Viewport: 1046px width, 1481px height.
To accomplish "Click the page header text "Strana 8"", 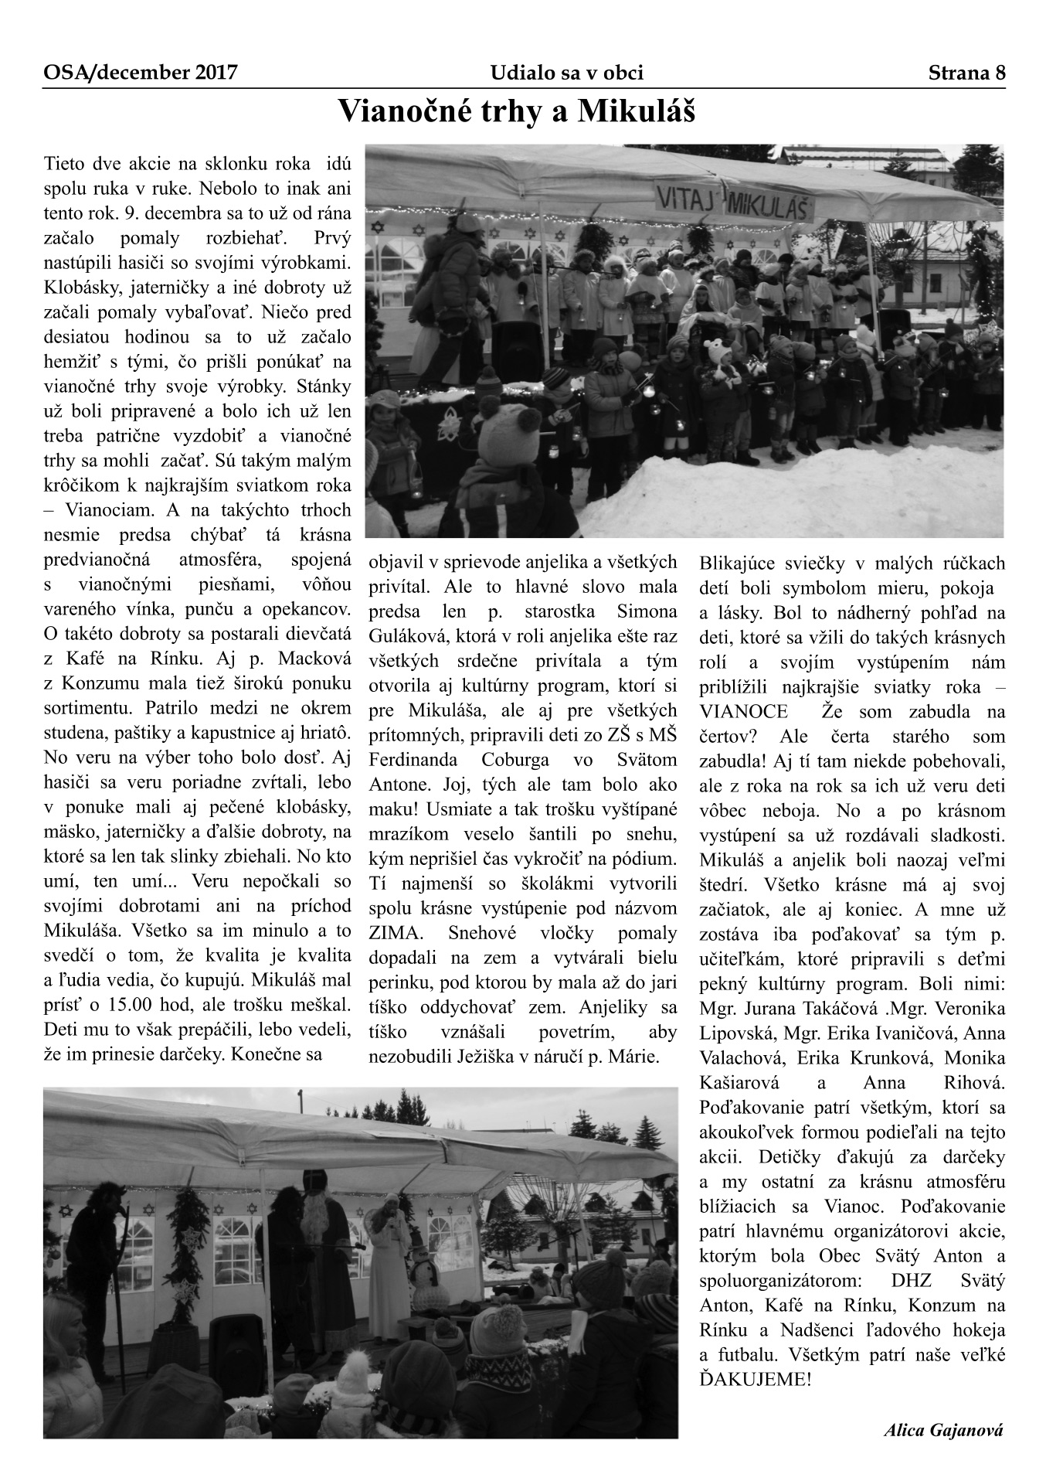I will (x=966, y=73).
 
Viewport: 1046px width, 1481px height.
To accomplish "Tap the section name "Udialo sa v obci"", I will (x=566, y=73).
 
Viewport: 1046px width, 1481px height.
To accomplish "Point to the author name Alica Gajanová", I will (x=943, y=1429).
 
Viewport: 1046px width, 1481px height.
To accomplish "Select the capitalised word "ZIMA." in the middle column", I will (x=395, y=933).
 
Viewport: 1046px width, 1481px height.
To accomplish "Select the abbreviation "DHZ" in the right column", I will (x=910, y=1280).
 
